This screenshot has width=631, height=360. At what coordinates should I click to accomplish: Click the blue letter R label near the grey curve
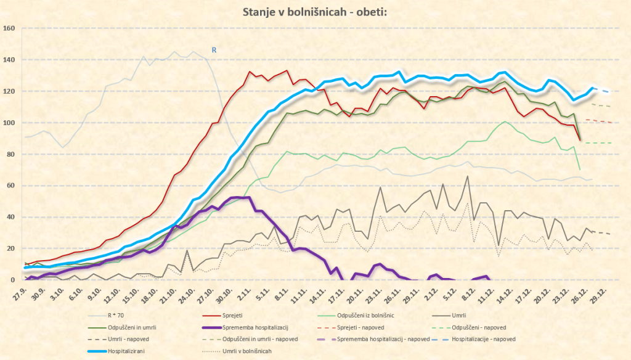pyautogui.click(x=214, y=50)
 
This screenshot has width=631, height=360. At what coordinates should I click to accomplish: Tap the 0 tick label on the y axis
pyautogui.click(x=13, y=280)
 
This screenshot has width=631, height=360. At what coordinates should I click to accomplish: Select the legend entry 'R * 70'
pyautogui.click(x=127, y=314)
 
